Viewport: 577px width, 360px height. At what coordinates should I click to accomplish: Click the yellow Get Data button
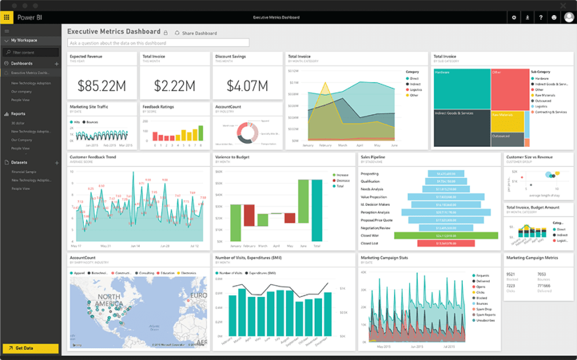[30, 348]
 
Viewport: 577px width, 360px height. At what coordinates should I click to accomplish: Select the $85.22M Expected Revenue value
[102, 86]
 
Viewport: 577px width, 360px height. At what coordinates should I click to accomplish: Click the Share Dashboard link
[199, 33]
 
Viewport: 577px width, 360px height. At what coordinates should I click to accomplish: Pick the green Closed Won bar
[437, 235]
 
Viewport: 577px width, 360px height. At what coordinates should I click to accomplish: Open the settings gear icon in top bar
[513, 18]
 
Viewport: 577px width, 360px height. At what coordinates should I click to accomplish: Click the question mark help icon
[540, 18]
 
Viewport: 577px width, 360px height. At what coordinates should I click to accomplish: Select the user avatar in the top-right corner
[568, 17]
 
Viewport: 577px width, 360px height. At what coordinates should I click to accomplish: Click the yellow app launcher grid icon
[7, 18]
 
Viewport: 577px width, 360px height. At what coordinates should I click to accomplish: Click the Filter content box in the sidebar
[31, 52]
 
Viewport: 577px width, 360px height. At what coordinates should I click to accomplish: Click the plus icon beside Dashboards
[56, 64]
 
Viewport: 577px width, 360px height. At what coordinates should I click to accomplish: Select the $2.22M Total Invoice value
[174, 86]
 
